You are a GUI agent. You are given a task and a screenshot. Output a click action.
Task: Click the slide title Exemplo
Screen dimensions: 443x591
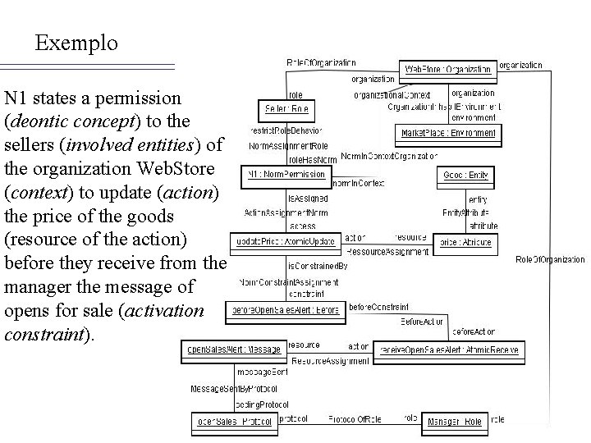pos(76,42)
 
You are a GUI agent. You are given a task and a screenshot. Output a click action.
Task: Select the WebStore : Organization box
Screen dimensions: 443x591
pos(448,70)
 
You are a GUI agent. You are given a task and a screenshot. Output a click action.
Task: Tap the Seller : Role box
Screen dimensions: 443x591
pos(286,108)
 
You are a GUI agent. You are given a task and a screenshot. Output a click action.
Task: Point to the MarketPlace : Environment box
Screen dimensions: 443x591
pos(448,132)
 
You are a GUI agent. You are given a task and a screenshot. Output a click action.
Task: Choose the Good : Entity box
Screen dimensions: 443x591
pos(465,175)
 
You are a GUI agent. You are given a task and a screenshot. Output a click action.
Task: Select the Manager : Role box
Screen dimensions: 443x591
pos(454,422)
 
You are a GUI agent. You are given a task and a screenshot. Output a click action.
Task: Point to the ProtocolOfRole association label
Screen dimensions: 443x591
pos(352,418)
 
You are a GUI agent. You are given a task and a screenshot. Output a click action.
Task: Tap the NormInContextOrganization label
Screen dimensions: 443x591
pos(388,154)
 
